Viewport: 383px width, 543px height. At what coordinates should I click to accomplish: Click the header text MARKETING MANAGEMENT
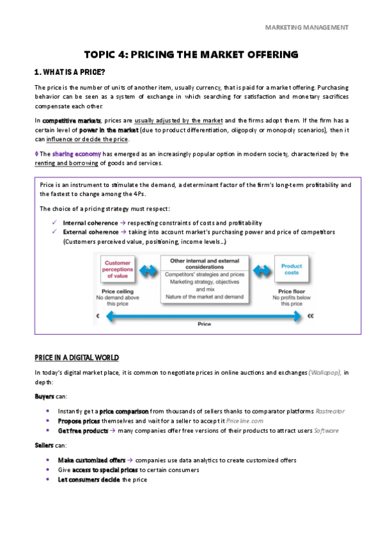click(307, 28)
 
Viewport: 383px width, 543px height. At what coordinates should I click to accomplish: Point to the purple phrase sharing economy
click(65, 154)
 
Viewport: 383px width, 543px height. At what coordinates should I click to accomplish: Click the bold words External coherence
click(90, 232)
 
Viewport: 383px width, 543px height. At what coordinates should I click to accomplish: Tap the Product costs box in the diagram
click(292, 269)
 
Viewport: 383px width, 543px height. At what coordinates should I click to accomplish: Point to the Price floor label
click(291, 290)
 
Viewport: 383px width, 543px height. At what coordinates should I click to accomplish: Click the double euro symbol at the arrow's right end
click(311, 316)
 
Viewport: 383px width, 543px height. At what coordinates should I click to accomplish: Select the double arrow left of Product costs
click(263, 269)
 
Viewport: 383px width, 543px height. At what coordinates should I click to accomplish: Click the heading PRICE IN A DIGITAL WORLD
click(77, 357)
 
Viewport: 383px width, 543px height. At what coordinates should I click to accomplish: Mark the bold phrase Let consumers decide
click(88, 480)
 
